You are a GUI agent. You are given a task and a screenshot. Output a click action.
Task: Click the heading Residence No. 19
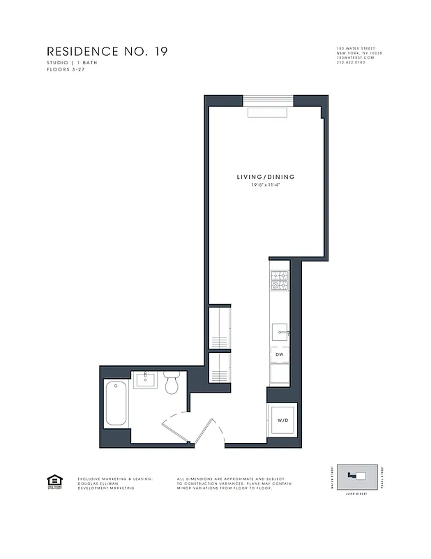[107, 52]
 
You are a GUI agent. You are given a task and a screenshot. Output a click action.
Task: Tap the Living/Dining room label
[265, 177]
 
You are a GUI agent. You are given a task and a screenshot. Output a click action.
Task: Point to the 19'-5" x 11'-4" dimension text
[265, 185]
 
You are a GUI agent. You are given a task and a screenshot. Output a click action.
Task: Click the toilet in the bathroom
[172, 383]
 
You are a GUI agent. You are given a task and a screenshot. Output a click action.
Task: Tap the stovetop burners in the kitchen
[279, 279]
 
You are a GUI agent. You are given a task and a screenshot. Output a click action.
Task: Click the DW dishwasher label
[279, 354]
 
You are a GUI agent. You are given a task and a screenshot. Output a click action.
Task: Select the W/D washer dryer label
[283, 421]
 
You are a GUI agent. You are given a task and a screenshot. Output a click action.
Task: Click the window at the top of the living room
[268, 100]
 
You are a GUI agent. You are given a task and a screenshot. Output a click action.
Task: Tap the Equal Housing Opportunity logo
[53, 481]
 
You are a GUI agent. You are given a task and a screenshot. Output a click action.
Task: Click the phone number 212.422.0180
[351, 63]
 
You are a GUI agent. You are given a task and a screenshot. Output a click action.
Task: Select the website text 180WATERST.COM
[355, 58]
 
